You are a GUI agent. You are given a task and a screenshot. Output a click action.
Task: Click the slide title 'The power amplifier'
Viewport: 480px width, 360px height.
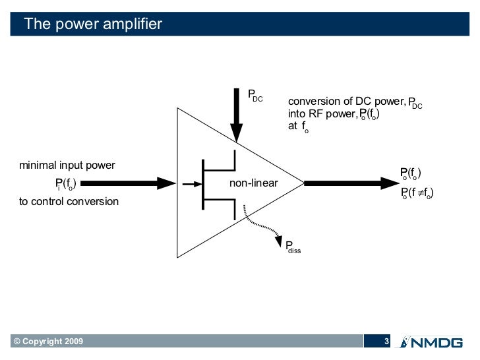(92, 24)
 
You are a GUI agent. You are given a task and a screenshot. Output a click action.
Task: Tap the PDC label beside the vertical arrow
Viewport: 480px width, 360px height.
(255, 96)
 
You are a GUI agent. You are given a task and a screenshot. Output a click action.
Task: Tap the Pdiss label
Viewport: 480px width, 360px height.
(293, 247)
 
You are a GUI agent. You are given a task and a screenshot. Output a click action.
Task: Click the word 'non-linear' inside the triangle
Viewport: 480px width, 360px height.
(253, 183)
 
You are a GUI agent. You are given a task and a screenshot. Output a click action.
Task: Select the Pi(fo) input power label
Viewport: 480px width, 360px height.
(65, 183)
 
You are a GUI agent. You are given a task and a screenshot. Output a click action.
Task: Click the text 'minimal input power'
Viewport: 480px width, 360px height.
(67, 165)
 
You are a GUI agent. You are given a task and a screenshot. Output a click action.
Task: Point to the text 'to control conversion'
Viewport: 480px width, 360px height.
(69, 201)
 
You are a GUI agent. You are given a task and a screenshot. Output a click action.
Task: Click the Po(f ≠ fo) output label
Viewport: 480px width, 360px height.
(417, 193)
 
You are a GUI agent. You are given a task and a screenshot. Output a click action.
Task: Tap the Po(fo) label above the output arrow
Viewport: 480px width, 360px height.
(411, 173)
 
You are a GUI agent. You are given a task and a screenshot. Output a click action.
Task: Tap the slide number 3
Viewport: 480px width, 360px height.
(387, 342)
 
